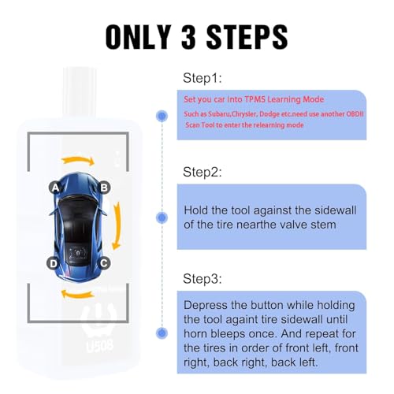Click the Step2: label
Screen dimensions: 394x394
(203, 171)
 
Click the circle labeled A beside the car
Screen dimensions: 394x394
(55, 188)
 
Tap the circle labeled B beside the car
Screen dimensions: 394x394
(103, 188)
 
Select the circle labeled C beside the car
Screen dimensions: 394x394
(103, 263)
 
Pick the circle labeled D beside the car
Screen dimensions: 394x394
(53, 263)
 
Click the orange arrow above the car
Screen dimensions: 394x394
(79, 161)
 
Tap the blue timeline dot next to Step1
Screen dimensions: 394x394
(161, 115)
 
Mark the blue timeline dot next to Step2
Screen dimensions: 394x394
(161, 216)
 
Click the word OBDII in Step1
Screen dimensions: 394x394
(355, 112)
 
